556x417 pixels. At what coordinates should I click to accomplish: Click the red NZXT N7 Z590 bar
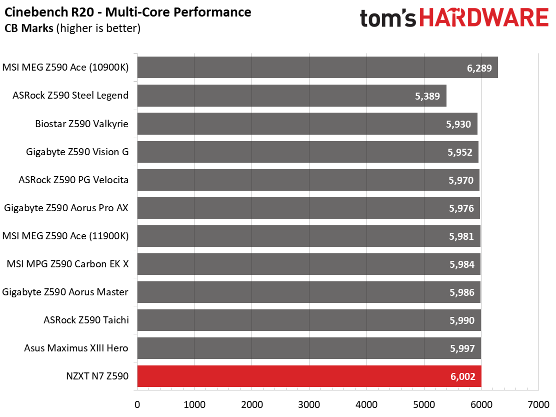pos(309,376)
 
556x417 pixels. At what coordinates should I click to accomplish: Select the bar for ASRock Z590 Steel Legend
pos(292,96)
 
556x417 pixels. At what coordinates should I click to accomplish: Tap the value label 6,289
pos(479,68)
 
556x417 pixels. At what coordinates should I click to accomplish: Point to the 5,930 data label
pos(458,124)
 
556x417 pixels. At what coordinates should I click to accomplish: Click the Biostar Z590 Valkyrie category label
pos(81,124)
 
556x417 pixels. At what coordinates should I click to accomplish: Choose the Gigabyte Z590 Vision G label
pos(77,152)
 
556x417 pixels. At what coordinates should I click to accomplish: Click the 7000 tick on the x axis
pos(538,404)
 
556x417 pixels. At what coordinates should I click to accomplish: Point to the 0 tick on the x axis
pos(137,404)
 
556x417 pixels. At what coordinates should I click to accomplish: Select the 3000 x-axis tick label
pos(309,404)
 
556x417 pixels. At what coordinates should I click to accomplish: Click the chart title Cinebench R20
pos(49,12)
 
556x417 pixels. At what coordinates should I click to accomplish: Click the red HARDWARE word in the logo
pos(484,18)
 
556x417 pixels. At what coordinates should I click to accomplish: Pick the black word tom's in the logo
pos(388,18)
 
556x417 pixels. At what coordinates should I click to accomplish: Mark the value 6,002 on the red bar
pos(462,376)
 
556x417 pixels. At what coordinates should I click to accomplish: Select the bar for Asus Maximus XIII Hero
pos(309,348)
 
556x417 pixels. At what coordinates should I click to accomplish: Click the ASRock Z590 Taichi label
pos(86,320)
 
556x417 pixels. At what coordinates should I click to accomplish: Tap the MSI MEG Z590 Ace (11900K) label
pos(65,236)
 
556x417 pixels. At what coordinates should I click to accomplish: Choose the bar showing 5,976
pos(308,208)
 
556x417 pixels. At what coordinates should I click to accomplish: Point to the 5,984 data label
pos(461,264)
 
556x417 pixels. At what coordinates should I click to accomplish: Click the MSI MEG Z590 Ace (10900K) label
pos(65,68)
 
